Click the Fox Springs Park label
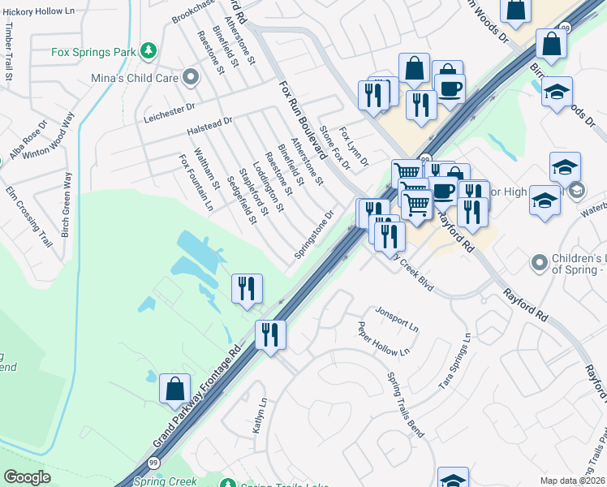[x=93, y=52]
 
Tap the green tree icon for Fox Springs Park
[x=149, y=51]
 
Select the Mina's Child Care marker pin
[x=192, y=78]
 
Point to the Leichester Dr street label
[x=170, y=110]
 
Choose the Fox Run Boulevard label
[x=302, y=119]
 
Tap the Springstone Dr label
[x=314, y=236]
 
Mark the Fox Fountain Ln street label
[x=196, y=183]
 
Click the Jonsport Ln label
[x=396, y=319]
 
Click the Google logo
[x=27, y=477]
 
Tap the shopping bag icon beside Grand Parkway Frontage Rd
[x=174, y=389]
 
